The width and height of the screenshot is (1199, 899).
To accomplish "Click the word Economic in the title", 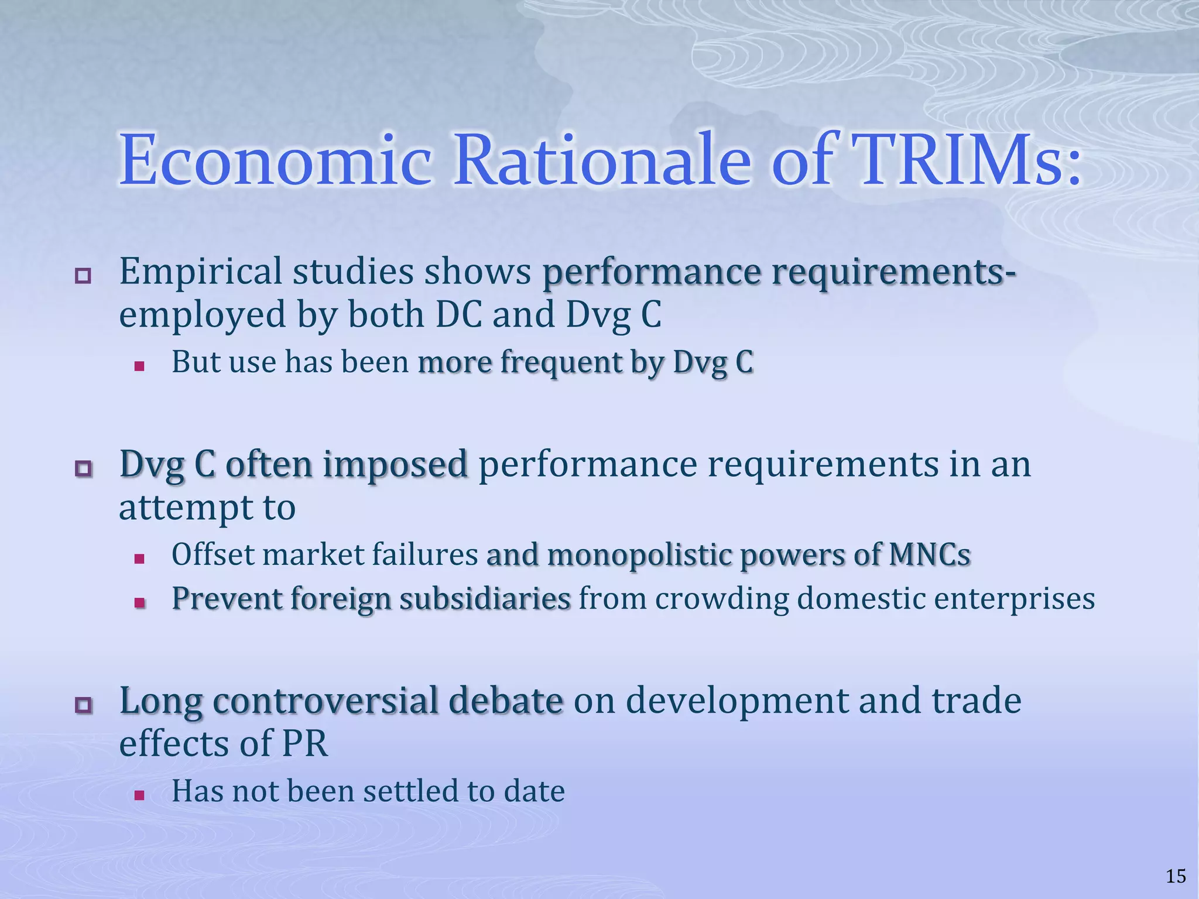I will tap(276, 160).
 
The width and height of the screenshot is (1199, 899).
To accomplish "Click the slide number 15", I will tap(1176, 876).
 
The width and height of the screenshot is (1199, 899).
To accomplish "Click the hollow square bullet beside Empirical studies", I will tap(83, 276).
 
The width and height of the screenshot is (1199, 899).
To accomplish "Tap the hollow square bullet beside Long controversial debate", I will tap(83, 705).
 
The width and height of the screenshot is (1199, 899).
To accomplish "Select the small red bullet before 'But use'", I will tap(139, 366).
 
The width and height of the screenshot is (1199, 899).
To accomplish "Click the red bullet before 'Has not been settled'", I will tap(139, 795).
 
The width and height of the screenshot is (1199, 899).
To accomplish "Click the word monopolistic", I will tap(638, 555).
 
